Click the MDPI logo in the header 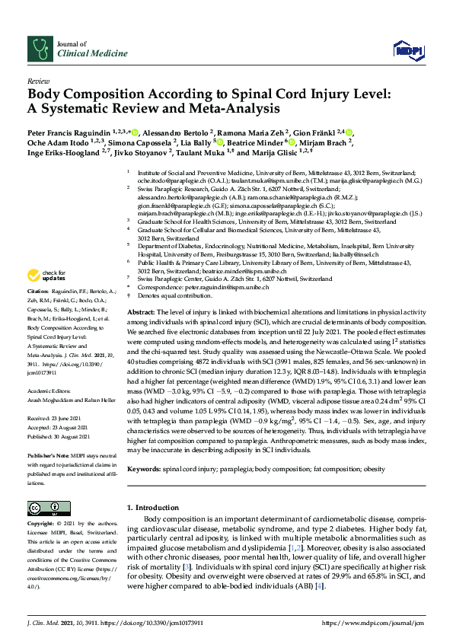pyautogui.click(x=407, y=49)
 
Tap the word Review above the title pyautogui.click(x=38, y=80)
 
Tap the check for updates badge pyautogui.click(x=47, y=275)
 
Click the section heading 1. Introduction pyautogui.click(x=158, y=506)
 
